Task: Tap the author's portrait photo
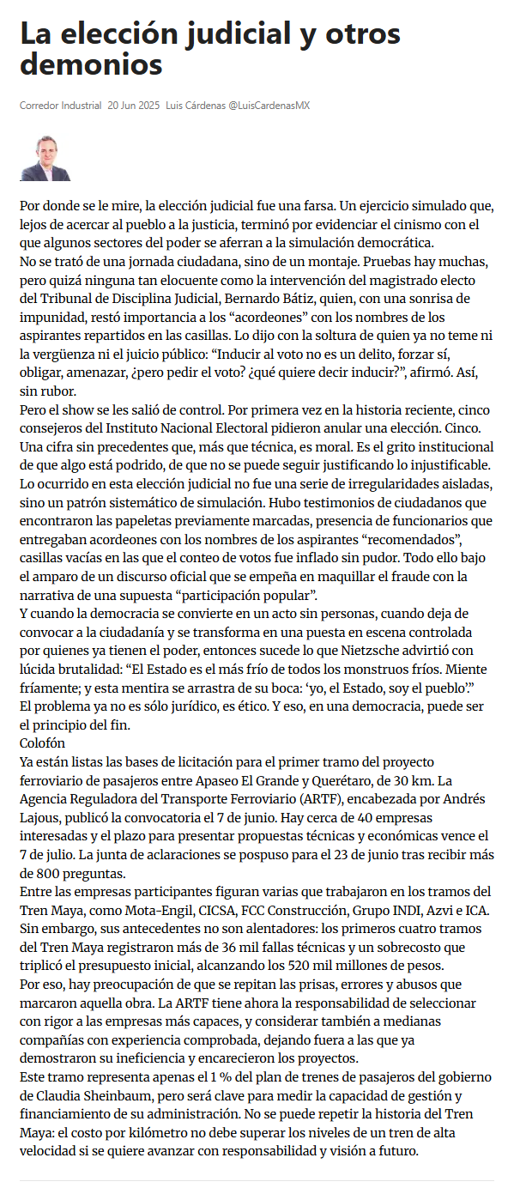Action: (45, 158)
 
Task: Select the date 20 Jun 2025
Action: (134, 106)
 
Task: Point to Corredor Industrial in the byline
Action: (60, 106)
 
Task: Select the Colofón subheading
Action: (42, 742)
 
